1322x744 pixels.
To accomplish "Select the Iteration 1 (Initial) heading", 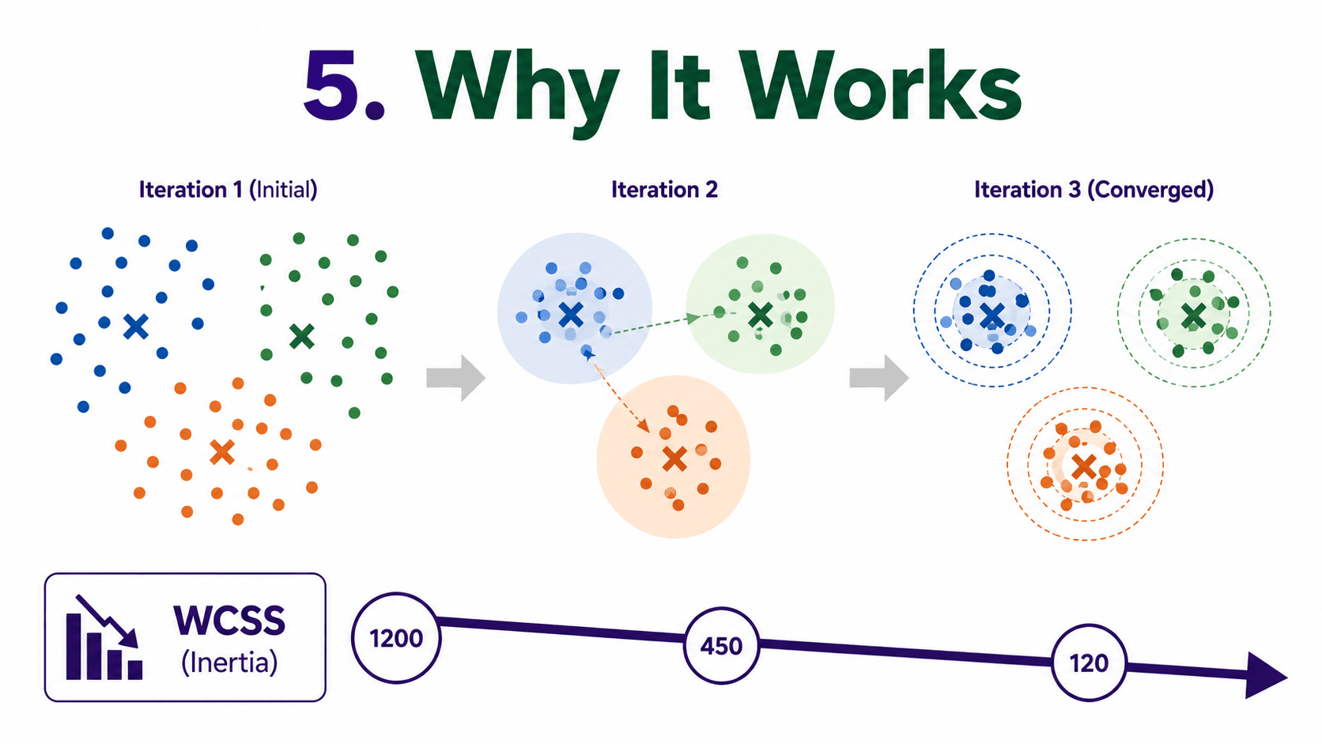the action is coord(228,190).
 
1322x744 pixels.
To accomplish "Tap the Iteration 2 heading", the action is coord(664,190).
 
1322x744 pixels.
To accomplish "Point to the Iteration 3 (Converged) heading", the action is coord(1093,190).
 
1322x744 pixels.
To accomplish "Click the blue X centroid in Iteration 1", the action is coord(136,327).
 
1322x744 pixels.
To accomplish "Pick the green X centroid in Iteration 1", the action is coord(302,336).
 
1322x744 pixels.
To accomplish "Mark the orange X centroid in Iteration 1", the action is coord(222,452).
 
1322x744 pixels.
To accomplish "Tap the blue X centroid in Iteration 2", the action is coord(571,315).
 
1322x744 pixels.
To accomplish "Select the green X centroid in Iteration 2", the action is coord(760,315).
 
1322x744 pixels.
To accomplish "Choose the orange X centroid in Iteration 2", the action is coord(674,459).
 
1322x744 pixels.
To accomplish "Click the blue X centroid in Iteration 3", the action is coord(992,316).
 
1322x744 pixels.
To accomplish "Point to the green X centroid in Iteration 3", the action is coord(1193,316).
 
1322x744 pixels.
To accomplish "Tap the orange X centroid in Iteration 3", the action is coord(1084,466).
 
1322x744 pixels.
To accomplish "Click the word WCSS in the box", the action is coord(229,621).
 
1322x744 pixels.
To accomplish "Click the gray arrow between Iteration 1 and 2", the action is coord(455,378).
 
